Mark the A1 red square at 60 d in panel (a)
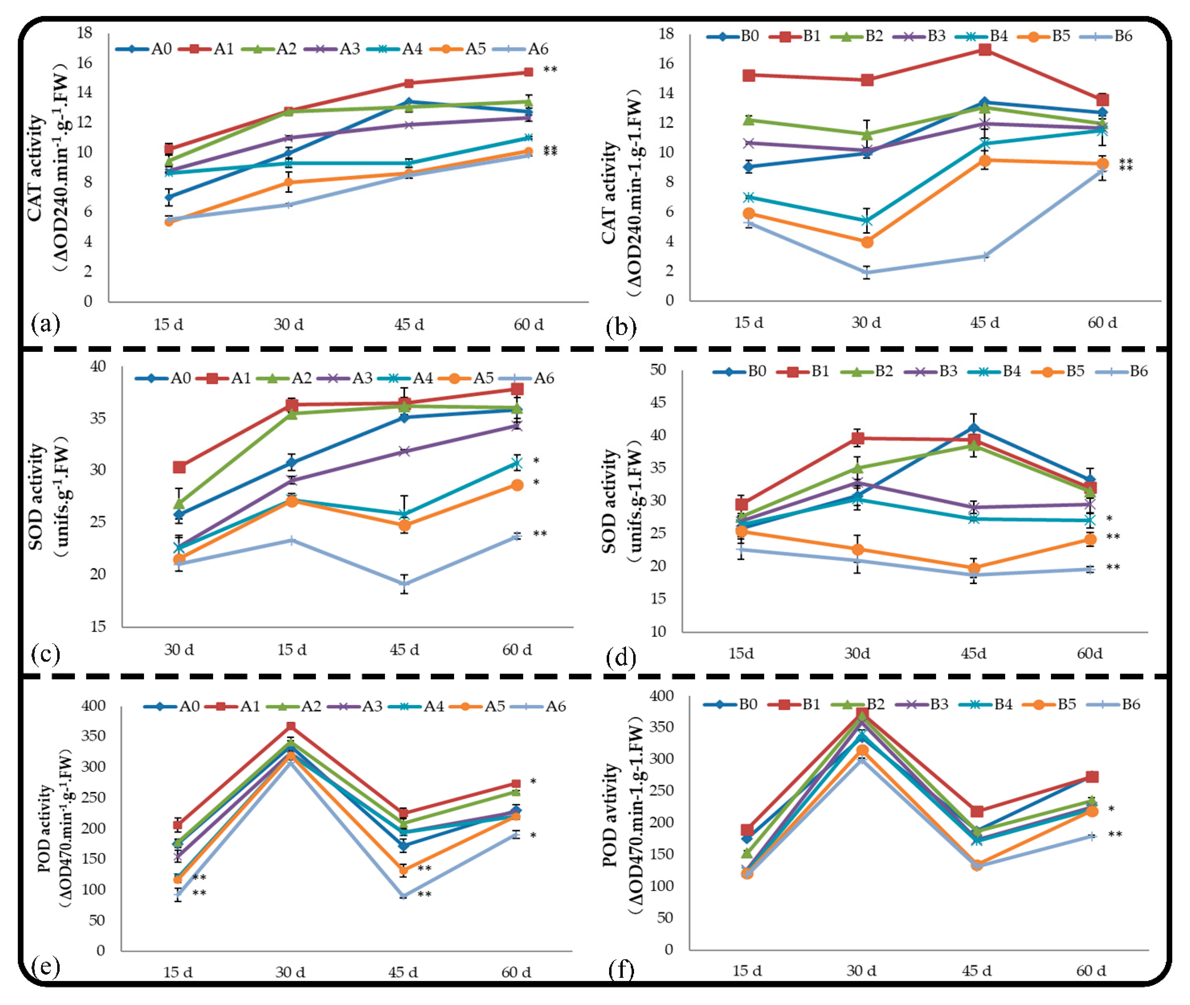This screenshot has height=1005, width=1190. pos(528,72)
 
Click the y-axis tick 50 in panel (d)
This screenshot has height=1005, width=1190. pos(658,370)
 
